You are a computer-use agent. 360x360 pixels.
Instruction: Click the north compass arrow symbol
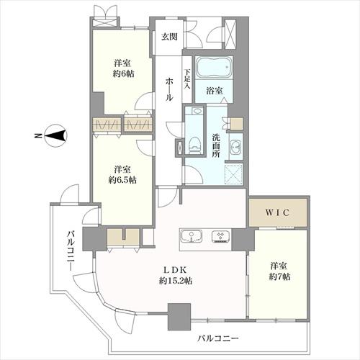coord(55,134)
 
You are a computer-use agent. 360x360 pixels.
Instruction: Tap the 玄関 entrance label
coord(168,37)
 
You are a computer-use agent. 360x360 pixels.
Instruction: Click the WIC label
coord(277,214)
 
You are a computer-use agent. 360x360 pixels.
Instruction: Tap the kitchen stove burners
coord(220,237)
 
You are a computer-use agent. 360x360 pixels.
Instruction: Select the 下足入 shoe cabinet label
coord(186,78)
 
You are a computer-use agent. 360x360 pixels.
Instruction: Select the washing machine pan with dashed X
coord(234,175)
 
